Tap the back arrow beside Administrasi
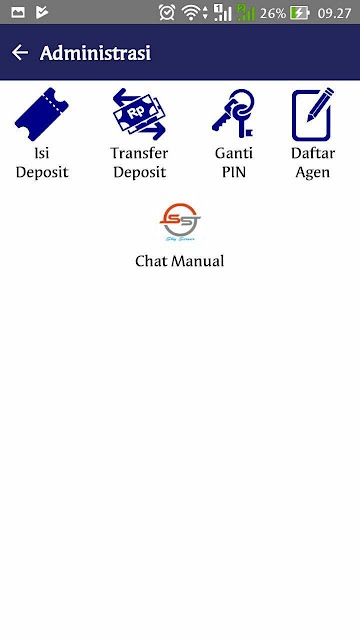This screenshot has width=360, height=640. (20, 53)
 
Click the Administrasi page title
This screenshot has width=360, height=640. (96, 53)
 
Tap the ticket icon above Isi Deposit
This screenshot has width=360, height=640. (42, 114)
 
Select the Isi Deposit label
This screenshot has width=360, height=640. (42, 162)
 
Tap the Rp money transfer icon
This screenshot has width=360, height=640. (140, 114)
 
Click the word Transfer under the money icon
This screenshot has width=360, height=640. (139, 153)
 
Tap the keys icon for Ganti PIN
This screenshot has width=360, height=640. (233, 114)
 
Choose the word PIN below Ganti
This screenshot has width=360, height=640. (234, 172)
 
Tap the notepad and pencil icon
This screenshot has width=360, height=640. (313, 114)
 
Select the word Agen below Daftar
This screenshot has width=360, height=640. (313, 173)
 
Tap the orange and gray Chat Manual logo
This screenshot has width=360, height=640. (180, 222)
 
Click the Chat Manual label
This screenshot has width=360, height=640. (180, 261)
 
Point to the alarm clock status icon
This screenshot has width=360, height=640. (167, 13)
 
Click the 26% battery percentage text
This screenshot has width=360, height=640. (273, 13)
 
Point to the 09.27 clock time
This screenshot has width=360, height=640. (334, 13)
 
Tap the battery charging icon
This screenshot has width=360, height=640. (300, 13)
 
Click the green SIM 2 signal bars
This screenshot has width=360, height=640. (246, 13)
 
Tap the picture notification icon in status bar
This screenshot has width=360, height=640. (18, 13)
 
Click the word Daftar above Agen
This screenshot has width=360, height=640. (313, 153)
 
